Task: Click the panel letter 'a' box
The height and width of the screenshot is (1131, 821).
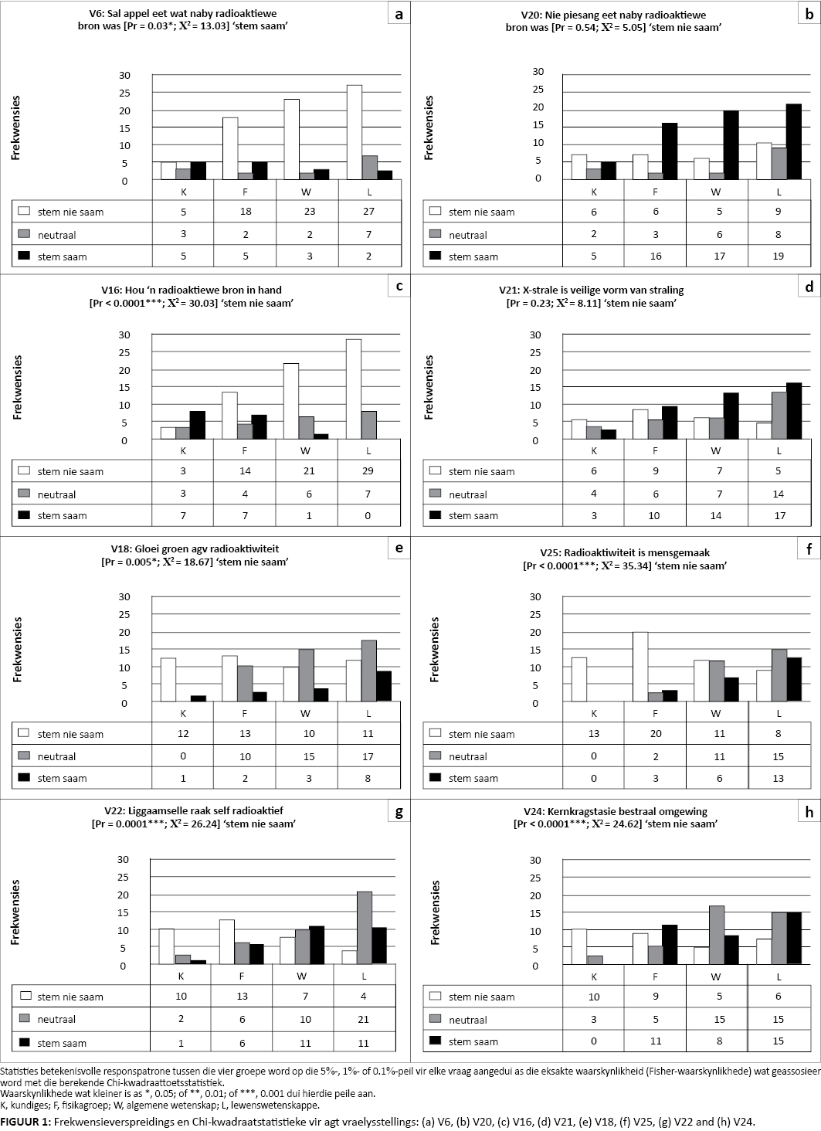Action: click(399, 14)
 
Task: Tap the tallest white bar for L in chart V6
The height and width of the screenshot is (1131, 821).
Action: click(354, 132)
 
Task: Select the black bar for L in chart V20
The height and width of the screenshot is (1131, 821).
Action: click(793, 141)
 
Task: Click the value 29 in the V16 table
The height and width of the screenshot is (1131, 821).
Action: click(368, 470)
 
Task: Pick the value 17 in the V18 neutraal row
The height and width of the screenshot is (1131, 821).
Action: click(368, 756)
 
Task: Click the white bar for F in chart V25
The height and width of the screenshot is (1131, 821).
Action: click(640, 667)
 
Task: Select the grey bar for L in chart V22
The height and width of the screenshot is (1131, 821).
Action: click(364, 927)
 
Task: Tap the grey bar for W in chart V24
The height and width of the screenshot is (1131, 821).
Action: click(716, 935)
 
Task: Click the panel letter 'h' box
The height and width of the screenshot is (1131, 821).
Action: click(809, 812)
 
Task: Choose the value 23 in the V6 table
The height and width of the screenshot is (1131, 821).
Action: click(308, 212)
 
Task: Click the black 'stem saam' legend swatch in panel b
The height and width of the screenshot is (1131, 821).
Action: click(435, 256)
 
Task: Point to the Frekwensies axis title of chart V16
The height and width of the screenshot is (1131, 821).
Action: click(17, 387)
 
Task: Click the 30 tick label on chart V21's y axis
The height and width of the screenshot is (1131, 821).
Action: click(534, 335)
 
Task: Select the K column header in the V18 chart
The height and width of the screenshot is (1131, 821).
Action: click(183, 713)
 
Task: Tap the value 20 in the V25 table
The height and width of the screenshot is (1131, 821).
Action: click(656, 734)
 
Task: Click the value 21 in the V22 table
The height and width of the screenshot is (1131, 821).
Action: click(364, 1019)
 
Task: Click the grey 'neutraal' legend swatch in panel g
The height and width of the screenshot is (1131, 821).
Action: click(25, 1018)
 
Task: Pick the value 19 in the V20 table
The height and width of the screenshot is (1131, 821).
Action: click(779, 256)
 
